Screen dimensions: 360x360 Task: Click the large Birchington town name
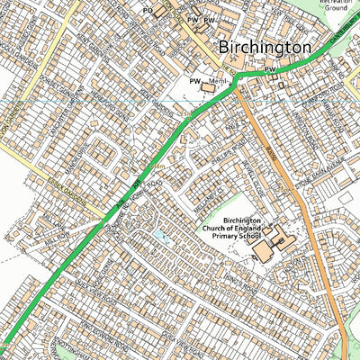[263, 48]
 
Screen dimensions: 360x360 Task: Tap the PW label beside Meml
[193, 81]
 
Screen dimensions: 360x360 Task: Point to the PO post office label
[148, 10]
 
